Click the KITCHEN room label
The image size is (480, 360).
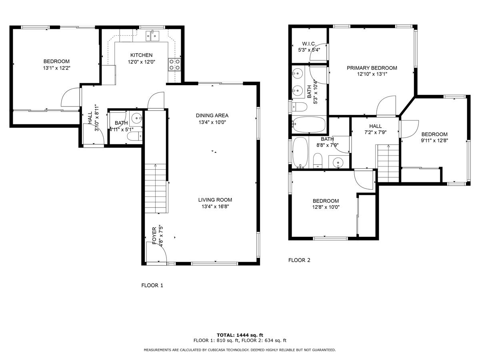pos(141,55)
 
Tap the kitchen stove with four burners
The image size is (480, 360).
pos(174,64)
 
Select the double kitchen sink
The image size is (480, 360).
pos(152,36)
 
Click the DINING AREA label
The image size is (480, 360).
pos(212,116)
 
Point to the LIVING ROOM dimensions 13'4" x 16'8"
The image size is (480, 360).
pos(215,207)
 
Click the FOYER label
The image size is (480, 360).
pos(154,236)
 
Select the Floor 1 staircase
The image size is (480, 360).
pos(155,188)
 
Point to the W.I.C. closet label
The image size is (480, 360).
pos(309,44)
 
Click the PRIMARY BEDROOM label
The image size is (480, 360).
pos(372,68)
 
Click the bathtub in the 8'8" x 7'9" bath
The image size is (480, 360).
pos(300,152)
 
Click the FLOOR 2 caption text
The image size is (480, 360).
pos(299,260)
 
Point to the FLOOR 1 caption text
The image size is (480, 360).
pos(152,286)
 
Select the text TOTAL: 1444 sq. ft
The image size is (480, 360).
pos(240,335)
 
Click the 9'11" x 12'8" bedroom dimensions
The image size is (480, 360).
pos(434,141)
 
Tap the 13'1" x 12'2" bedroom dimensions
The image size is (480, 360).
pos(56,68)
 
